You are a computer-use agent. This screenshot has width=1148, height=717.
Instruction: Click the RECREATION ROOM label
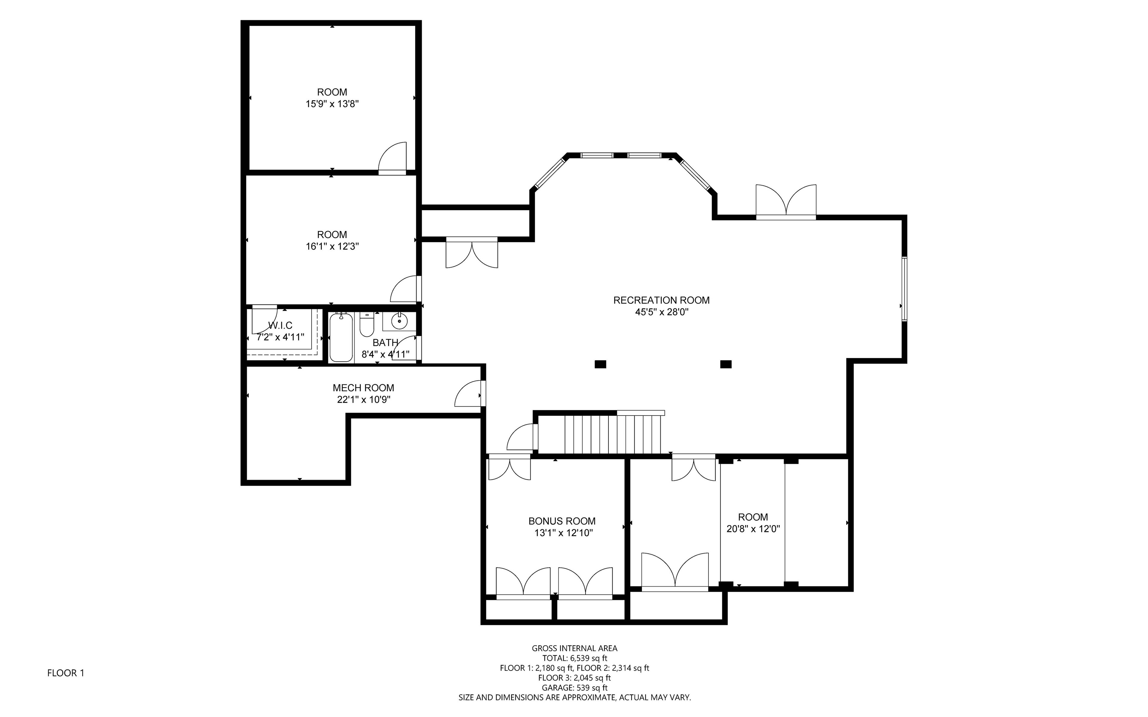coord(661,300)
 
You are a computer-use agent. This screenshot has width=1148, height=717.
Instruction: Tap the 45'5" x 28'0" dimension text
coord(661,312)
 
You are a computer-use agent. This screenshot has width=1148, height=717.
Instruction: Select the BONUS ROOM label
coord(562,521)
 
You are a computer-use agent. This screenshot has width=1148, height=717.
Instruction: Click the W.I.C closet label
coord(280,325)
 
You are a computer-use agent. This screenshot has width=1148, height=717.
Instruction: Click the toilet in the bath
coord(367,324)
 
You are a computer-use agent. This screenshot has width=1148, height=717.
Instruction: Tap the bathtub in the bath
coord(341,337)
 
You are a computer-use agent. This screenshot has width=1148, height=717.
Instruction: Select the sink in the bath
coord(400,321)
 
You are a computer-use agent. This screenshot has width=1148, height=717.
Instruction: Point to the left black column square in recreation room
coord(601,364)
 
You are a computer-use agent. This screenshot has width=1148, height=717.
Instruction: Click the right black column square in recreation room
coord(726,364)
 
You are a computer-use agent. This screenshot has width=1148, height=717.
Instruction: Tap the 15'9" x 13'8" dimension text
coord(332,104)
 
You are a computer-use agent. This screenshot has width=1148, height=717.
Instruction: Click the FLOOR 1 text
coord(66,673)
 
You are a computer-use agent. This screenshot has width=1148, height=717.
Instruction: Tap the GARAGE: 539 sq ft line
coord(575,688)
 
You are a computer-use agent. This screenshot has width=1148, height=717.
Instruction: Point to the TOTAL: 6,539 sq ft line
coord(575,658)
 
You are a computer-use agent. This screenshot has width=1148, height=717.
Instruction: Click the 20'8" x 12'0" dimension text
coord(753,528)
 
